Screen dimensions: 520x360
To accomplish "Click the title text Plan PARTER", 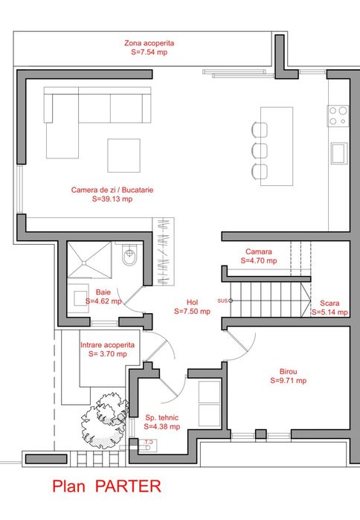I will pyautogui.click(x=106, y=487).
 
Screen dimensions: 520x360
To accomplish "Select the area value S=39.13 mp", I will pyautogui.click(x=112, y=199).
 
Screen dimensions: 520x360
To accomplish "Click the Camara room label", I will pyautogui.click(x=259, y=252).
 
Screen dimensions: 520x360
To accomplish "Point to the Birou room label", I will pyautogui.click(x=288, y=370).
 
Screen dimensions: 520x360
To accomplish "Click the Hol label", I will pyautogui.click(x=192, y=302).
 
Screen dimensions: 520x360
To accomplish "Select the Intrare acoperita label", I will pyautogui.click(x=108, y=345).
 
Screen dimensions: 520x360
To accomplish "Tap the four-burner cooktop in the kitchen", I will pyautogui.click(x=338, y=115).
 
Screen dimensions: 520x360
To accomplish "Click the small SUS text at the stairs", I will pyautogui.click(x=222, y=301).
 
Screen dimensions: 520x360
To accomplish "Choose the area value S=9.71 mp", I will pyautogui.click(x=288, y=380).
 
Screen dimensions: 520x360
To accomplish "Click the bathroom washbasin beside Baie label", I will pyautogui.click(x=80, y=301).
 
